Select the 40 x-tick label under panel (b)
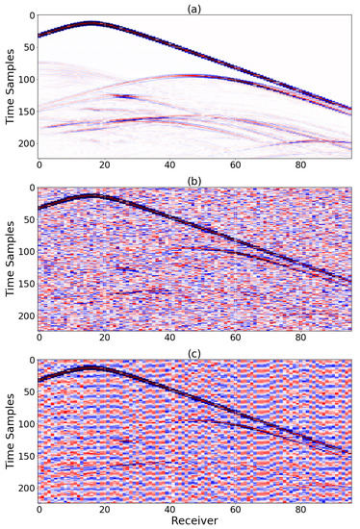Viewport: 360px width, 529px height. (170, 339)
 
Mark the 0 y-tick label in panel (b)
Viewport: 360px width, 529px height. (30, 189)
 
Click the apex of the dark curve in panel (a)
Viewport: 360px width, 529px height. (90, 22)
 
